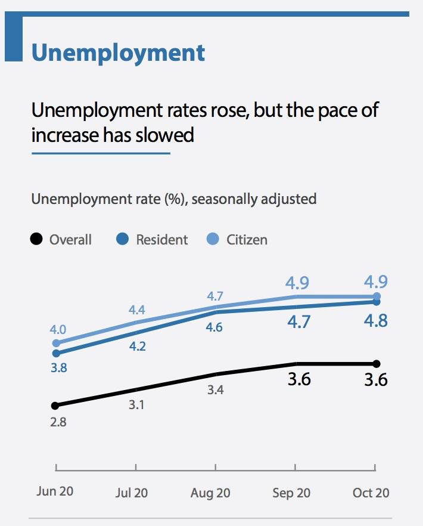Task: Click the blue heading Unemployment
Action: click(x=118, y=52)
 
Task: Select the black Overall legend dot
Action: click(x=36, y=240)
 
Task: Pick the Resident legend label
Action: click(x=161, y=240)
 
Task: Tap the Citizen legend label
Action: click(x=247, y=240)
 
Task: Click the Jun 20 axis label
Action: click(x=55, y=492)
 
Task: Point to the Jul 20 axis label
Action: click(x=132, y=493)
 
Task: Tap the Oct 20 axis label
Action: click(x=371, y=493)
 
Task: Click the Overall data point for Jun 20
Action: click(x=55, y=406)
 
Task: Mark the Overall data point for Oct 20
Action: click(x=376, y=364)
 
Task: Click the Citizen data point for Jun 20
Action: click(x=57, y=343)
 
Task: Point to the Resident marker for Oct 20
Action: click(x=376, y=302)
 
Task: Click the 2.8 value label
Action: click(x=58, y=423)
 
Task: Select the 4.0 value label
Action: click(x=58, y=330)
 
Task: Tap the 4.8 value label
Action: click(x=375, y=321)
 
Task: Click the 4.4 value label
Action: click(x=137, y=310)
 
